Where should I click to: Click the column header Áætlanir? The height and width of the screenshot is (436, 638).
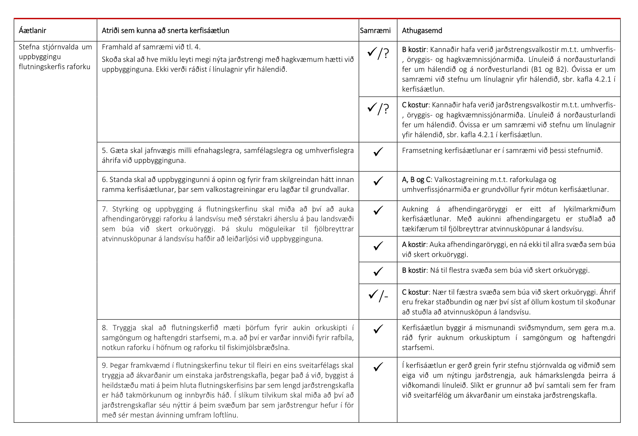[32, 31]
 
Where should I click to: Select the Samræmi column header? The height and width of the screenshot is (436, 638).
[375, 31]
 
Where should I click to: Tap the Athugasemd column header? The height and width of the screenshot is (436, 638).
[422, 31]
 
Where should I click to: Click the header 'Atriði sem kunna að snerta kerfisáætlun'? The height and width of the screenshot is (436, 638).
[165, 31]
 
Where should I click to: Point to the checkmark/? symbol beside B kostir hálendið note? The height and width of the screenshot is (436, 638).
[378, 53]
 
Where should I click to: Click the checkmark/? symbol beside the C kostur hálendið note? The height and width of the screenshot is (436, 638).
[378, 108]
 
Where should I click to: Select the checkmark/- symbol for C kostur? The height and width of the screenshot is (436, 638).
[378, 295]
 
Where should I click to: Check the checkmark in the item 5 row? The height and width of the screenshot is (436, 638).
[378, 152]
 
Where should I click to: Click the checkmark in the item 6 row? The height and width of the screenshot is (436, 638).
[378, 181]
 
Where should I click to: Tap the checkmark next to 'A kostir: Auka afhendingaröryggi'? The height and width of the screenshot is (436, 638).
[378, 246]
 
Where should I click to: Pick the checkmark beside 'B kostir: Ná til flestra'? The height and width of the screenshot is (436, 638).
[378, 271]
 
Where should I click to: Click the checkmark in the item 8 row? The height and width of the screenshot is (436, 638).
[378, 329]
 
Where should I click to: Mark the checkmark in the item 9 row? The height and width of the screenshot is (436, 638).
[378, 367]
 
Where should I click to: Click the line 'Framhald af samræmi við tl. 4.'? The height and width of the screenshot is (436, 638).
[151, 47]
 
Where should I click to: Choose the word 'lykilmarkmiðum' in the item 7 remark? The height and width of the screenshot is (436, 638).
[589, 209]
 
